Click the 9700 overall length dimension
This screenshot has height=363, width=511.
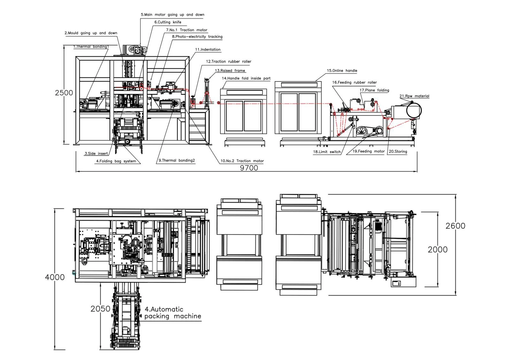click(x=249, y=168)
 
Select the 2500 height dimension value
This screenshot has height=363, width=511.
click(x=64, y=93)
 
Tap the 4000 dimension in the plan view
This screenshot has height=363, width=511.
click(x=55, y=277)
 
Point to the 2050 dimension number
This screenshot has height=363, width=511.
click(x=100, y=309)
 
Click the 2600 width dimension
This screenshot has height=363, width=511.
click(x=455, y=226)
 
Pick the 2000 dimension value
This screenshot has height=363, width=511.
click(x=437, y=250)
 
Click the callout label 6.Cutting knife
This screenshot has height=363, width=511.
click(x=168, y=22)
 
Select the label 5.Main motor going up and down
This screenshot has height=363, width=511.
click(x=173, y=15)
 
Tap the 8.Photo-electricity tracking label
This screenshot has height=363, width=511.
click(x=197, y=37)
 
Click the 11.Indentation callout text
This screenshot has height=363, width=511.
click(x=208, y=50)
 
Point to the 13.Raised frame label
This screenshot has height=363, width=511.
click(x=230, y=71)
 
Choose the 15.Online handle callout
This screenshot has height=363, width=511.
click(x=342, y=71)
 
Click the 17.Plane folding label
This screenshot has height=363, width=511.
click(x=374, y=90)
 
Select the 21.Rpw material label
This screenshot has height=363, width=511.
click(x=414, y=96)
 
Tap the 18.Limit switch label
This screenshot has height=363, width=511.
click(x=327, y=152)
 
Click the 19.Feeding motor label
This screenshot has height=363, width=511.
click(x=368, y=151)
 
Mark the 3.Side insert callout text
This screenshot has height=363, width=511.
click(x=96, y=154)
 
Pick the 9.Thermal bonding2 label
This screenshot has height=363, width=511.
click(x=177, y=160)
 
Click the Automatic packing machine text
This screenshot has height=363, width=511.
click(x=173, y=313)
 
